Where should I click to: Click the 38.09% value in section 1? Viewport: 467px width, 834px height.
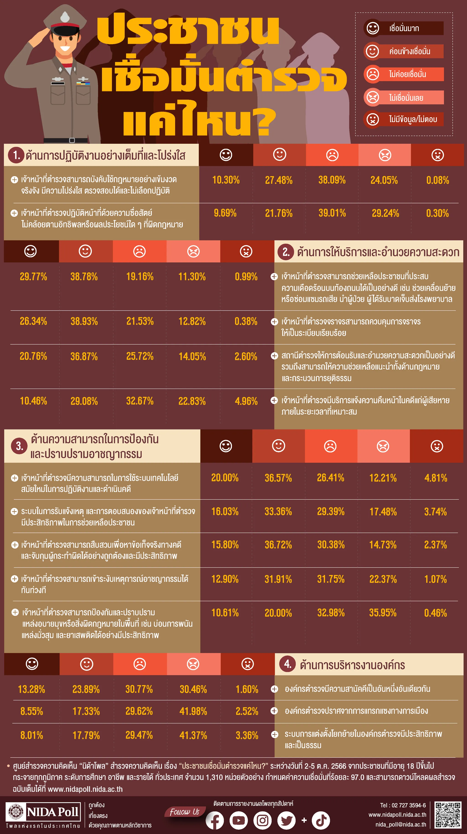(332, 180)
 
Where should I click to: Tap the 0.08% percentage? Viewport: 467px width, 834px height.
(438, 180)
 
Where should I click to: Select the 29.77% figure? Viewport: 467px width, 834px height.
(33, 277)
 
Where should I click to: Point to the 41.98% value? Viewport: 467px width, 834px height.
(193, 711)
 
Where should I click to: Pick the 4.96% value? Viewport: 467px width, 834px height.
(246, 401)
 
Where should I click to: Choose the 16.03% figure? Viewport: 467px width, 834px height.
(225, 512)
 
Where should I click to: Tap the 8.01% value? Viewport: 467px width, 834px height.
(32, 735)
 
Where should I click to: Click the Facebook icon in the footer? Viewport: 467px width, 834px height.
(215, 820)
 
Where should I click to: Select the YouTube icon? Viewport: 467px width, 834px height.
(239, 820)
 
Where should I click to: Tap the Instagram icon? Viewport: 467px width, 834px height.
(262, 820)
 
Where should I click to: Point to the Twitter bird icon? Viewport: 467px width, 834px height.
(286, 820)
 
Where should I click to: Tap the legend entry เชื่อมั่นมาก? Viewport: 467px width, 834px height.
(404, 29)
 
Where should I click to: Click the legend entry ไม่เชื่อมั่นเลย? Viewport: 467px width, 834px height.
(406, 97)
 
